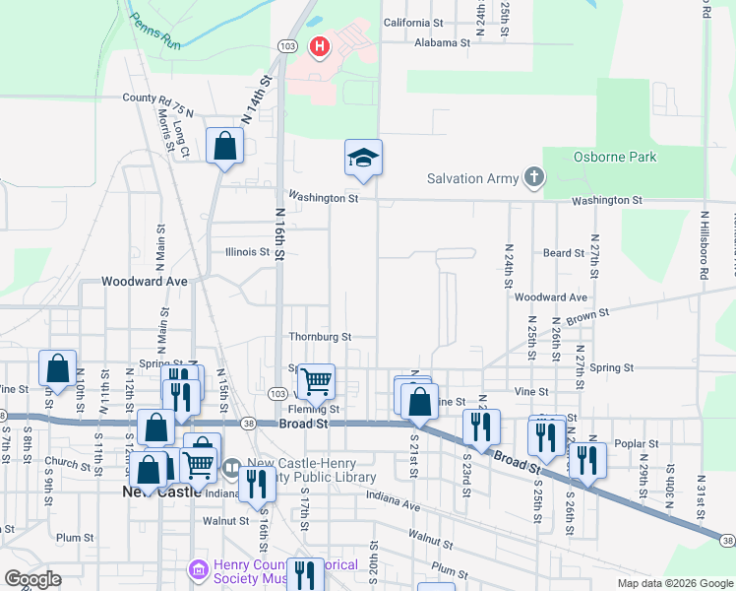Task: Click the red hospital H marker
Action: tap(320, 46)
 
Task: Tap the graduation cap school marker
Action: tap(363, 158)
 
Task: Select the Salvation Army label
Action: tap(470, 178)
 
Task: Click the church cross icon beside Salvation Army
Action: tap(533, 177)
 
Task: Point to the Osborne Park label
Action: tap(614, 157)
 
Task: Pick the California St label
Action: tap(413, 23)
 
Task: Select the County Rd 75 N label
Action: tap(157, 98)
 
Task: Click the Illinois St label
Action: tap(247, 252)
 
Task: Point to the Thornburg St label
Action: tap(320, 337)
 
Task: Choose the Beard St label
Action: tap(564, 253)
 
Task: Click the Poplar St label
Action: tap(635, 444)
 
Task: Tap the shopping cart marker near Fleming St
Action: tap(315, 380)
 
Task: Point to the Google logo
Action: tap(31, 579)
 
